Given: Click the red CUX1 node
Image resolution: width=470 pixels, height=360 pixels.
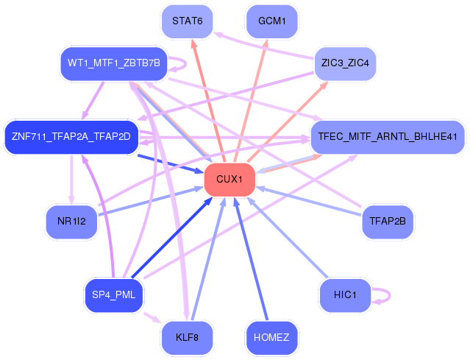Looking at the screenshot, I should [229, 180].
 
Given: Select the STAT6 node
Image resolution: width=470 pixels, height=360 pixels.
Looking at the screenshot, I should [187, 21].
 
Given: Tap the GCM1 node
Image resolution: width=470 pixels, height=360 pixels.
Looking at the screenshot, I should [271, 21].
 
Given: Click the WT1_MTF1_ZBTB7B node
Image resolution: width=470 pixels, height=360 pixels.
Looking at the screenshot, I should [113, 63].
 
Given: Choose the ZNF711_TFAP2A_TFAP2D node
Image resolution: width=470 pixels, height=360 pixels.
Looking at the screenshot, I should [71, 136].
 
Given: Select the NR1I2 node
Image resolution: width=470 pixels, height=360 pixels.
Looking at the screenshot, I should [71, 220].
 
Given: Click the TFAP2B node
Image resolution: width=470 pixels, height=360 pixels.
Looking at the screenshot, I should [388, 220].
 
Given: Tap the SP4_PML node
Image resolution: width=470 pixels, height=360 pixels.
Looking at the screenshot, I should [113, 294].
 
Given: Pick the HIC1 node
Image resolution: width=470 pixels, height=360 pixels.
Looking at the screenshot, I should [345, 294].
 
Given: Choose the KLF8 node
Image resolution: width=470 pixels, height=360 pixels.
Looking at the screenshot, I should [187, 337].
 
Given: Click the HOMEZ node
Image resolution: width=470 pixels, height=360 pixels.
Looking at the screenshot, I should [271, 337].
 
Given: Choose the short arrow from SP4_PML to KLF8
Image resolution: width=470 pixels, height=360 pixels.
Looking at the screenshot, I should [151, 317].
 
